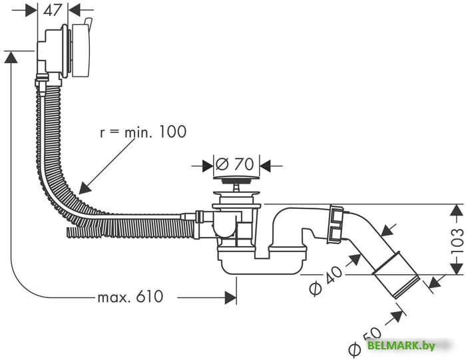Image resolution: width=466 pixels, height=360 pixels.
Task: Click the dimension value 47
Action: point(54,10)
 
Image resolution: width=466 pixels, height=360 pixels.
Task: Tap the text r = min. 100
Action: point(142,132)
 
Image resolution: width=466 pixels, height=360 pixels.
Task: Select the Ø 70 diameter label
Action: point(236,164)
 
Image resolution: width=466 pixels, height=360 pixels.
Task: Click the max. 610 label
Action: point(130,297)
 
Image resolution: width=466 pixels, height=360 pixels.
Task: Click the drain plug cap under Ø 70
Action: point(236,178)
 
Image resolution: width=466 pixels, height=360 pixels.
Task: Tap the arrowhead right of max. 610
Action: point(230,297)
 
